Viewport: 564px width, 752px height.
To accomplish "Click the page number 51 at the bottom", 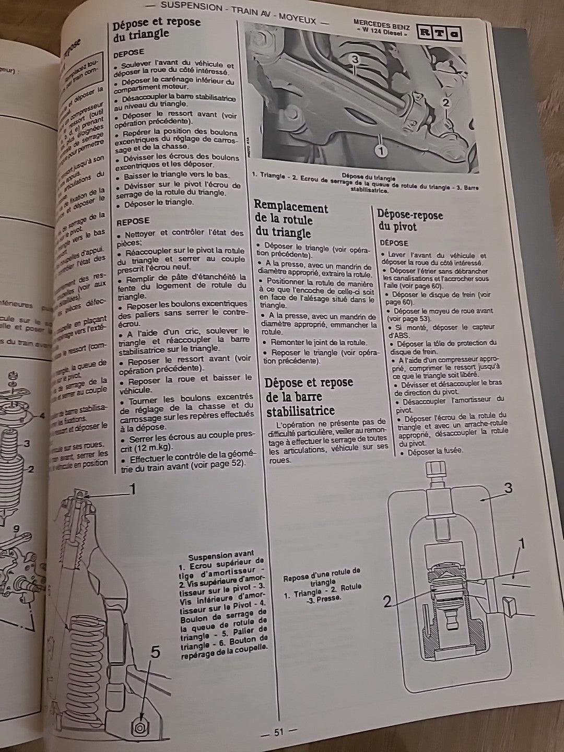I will pos(278,732).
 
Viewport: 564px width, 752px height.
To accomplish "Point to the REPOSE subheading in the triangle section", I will pos(133,221).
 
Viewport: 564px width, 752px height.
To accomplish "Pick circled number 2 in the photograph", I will pos(445,103).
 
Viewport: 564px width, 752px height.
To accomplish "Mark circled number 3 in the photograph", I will pos(355,60).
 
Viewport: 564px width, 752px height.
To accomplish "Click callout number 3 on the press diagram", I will pos(508,488).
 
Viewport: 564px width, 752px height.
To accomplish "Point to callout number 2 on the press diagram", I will pos(387,602).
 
